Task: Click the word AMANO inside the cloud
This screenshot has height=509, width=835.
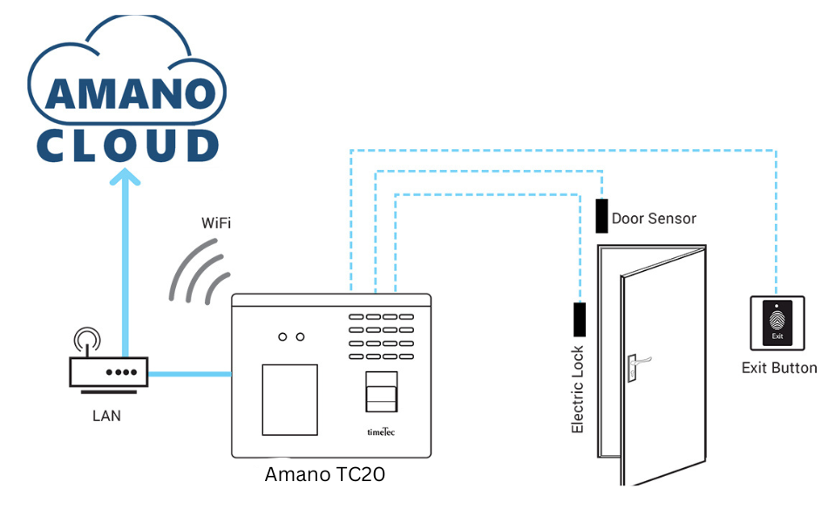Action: (131, 94)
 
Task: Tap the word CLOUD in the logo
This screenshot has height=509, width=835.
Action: (128, 145)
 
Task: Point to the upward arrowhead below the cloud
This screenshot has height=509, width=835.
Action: (126, 177)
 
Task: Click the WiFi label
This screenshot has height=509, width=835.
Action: (216, 223)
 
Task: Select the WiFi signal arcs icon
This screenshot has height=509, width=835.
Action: (198, 273)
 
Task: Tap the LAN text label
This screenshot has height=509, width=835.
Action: (106, 416)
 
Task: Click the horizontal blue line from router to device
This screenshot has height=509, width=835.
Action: (190, 374)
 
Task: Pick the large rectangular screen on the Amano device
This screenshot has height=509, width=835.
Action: (289, 400)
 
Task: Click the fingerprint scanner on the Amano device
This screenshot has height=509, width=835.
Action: (381, 392)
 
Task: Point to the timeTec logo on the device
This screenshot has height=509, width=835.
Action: (381, 431)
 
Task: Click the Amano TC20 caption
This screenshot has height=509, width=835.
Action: (325, 474)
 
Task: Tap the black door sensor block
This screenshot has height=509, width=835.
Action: (601, 215)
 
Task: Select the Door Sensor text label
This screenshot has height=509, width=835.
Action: (654, 218)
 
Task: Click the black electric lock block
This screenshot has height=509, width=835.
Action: (580, 320)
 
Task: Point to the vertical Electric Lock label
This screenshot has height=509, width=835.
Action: (578, 390)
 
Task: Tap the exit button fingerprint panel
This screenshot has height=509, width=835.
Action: (777, 323)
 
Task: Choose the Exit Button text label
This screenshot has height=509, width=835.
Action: (779, 368)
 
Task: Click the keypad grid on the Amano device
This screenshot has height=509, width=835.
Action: (381, 336)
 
